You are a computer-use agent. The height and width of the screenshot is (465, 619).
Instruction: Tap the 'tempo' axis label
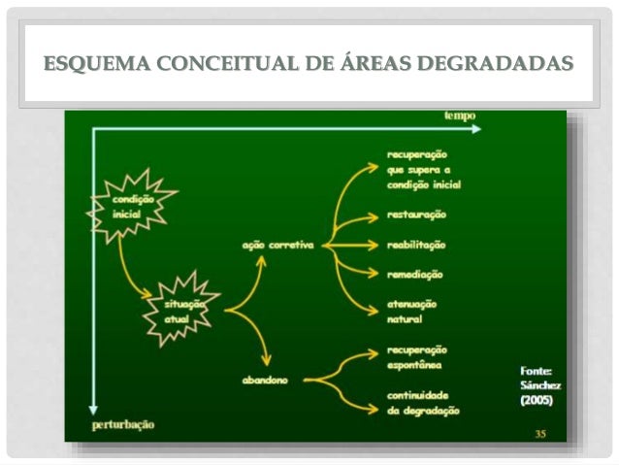point(459,116)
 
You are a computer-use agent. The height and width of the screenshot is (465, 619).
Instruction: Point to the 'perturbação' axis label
point(123,424)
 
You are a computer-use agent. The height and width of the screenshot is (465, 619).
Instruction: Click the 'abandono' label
point(265,380)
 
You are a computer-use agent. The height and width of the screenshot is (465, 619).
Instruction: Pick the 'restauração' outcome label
point(416,214)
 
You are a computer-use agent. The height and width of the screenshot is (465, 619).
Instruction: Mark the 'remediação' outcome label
point(414,275)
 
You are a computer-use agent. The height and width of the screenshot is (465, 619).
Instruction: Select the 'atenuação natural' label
point(411,310)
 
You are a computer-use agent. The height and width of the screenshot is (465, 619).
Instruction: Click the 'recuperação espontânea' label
point(417,358)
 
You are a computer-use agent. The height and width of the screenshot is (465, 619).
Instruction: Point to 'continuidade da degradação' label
point(423,403)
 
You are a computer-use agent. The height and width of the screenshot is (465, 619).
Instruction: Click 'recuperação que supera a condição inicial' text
point(423,169)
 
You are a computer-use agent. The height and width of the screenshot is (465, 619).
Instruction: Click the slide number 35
point(540,433)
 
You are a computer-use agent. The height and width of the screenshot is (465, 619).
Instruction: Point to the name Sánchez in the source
point(540,384)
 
